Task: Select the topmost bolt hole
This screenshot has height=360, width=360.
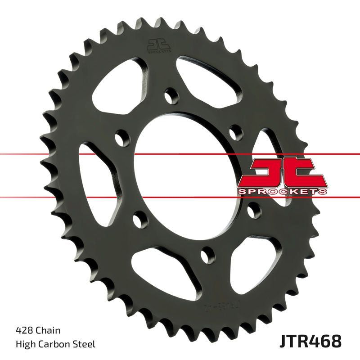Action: [x=171, y=95]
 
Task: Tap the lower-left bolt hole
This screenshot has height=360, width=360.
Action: [x=140, y=220]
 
